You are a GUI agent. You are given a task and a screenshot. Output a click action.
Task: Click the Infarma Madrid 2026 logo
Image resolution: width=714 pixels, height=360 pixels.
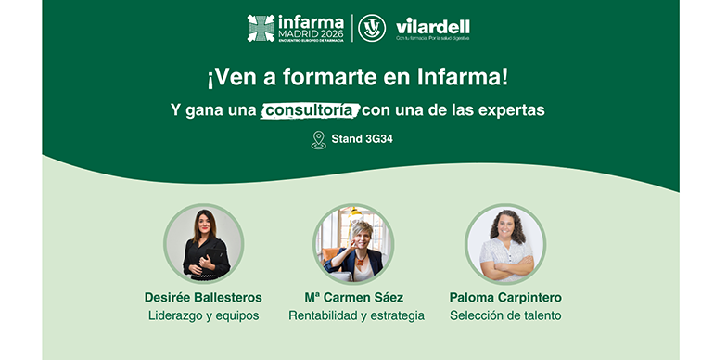coord(295,28)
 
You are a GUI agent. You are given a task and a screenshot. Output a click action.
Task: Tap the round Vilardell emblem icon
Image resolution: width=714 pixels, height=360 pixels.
coord(373,28)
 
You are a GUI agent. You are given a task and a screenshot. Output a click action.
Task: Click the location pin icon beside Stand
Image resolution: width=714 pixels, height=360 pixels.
coord(319,140)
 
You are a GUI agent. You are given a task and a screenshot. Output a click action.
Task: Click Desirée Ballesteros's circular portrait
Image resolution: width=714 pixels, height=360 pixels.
coord(203,244)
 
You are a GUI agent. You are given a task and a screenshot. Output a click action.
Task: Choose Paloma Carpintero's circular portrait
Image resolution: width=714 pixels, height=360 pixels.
coord(505,244)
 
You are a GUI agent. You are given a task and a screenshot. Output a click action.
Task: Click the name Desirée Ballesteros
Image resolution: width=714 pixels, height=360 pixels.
coord(203,298)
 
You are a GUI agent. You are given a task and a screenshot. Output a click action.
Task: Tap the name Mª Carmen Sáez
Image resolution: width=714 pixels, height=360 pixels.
coord(357,298)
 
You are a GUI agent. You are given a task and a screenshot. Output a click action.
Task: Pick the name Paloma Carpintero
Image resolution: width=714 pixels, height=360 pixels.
coord(505,298)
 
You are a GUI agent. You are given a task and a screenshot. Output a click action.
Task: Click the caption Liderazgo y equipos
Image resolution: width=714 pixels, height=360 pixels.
coord(203,315)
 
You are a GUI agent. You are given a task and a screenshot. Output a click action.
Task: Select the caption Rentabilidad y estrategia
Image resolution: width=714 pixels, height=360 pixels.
coord(357,315)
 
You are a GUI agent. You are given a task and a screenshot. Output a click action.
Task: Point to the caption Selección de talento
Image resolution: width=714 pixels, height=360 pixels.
coord(505,315)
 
